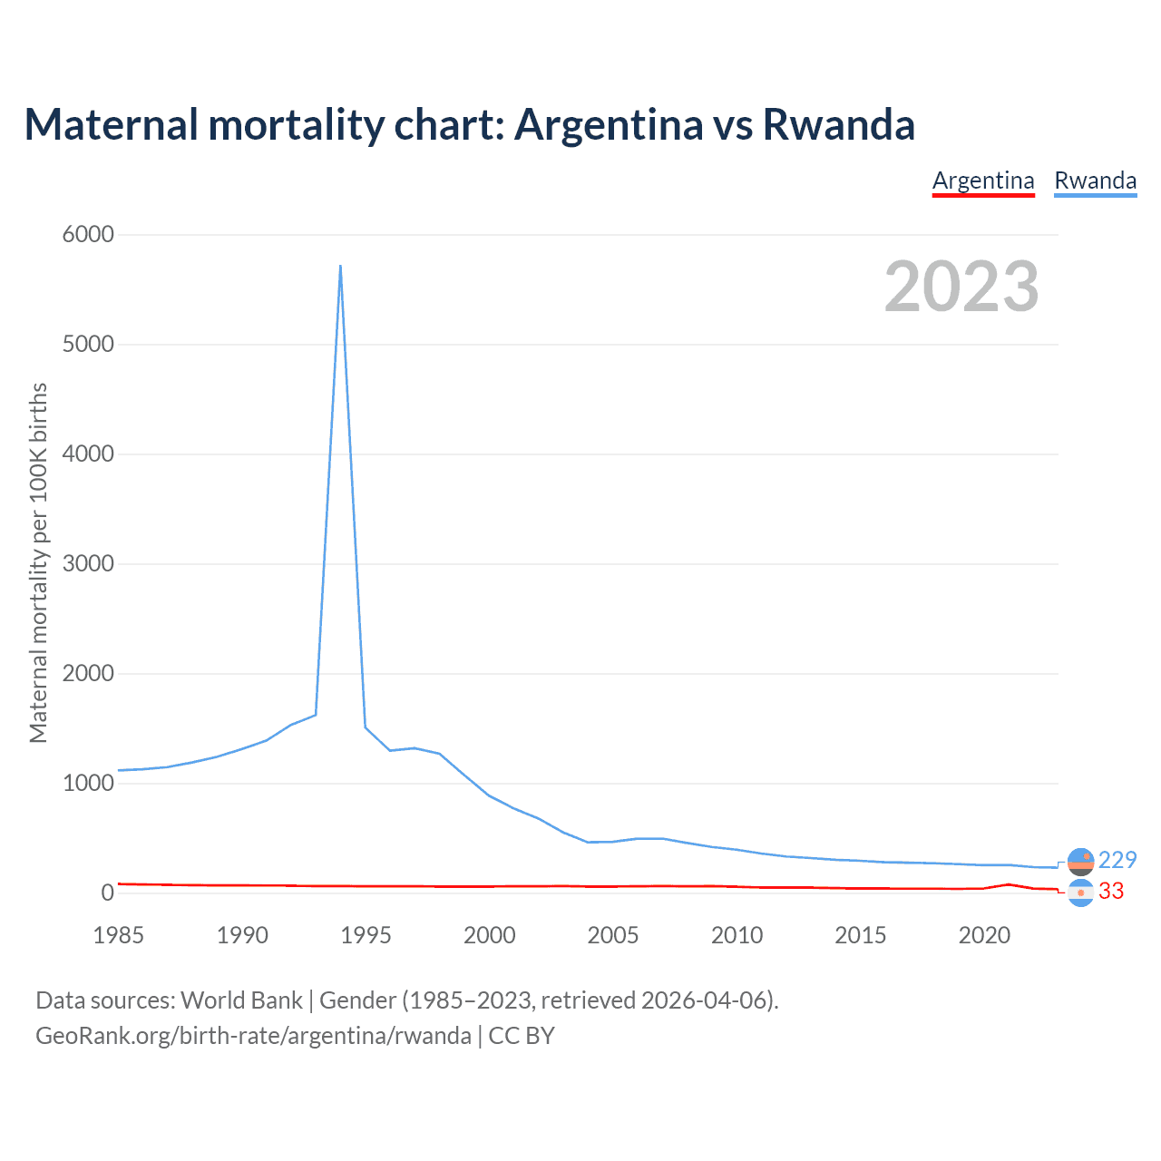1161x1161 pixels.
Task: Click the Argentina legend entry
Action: (x=983, y=180)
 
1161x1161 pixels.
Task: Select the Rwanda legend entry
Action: (x=1095, y=180)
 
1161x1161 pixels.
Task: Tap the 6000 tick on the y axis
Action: (x=88, y=235)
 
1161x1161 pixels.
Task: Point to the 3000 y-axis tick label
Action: (x=88, y=564)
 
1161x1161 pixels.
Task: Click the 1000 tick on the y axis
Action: (x=88, y=784)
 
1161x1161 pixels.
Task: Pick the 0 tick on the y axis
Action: (x=108, y=893)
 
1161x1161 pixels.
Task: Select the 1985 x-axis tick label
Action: (x=119, y=935)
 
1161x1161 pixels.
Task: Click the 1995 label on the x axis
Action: (x=366, y=935)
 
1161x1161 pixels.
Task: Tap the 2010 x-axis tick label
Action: (x=737, y=935)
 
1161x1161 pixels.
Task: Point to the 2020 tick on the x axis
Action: (x=984, y=935)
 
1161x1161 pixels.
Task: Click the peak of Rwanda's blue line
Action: (x=340, y=266)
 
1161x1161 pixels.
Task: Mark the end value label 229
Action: (x=1117, y=860)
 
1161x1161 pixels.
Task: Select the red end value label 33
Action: (x=1111, y=892)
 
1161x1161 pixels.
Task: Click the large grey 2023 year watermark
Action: (x=961, y=287)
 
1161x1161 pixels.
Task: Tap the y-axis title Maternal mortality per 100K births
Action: (x=38, y=562)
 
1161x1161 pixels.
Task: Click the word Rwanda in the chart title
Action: (x=838, y=124)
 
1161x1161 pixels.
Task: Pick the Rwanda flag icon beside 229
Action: (x=1080, y=861)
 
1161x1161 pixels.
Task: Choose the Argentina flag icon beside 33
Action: (x=1080, y=893)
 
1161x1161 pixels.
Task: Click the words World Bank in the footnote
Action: (x=241, y=1000)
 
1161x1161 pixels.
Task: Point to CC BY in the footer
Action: (x=522, y=1036)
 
